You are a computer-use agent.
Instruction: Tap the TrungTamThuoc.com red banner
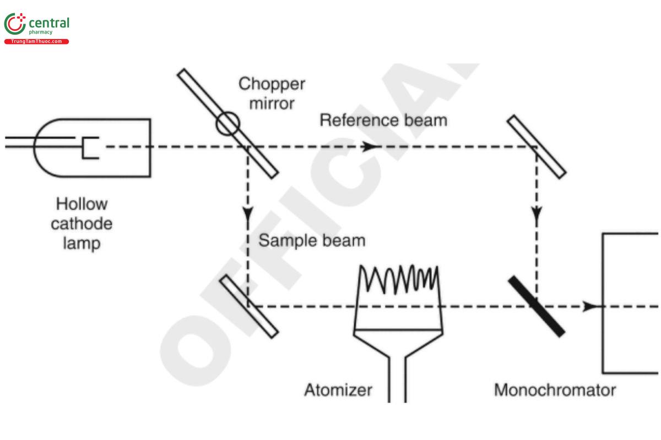[36, 42]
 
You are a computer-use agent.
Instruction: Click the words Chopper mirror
[272, 93]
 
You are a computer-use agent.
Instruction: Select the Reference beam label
[383, 120]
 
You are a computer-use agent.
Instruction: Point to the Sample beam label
[312, 240]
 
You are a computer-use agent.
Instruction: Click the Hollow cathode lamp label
[82, 224]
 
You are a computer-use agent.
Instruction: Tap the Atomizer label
[338, 390]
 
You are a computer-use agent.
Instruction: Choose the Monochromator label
[555, 390]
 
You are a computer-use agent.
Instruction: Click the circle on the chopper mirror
[227, 124]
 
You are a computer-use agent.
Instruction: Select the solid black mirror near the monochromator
[536, 306]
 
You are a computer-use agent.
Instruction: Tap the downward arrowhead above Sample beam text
[248, 212]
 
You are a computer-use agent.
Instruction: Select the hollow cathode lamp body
[116, 147]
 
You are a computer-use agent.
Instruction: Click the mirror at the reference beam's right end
[537, 146]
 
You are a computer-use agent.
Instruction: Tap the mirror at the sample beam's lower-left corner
[249, 306]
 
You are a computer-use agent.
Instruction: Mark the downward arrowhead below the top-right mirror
[537, 212]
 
